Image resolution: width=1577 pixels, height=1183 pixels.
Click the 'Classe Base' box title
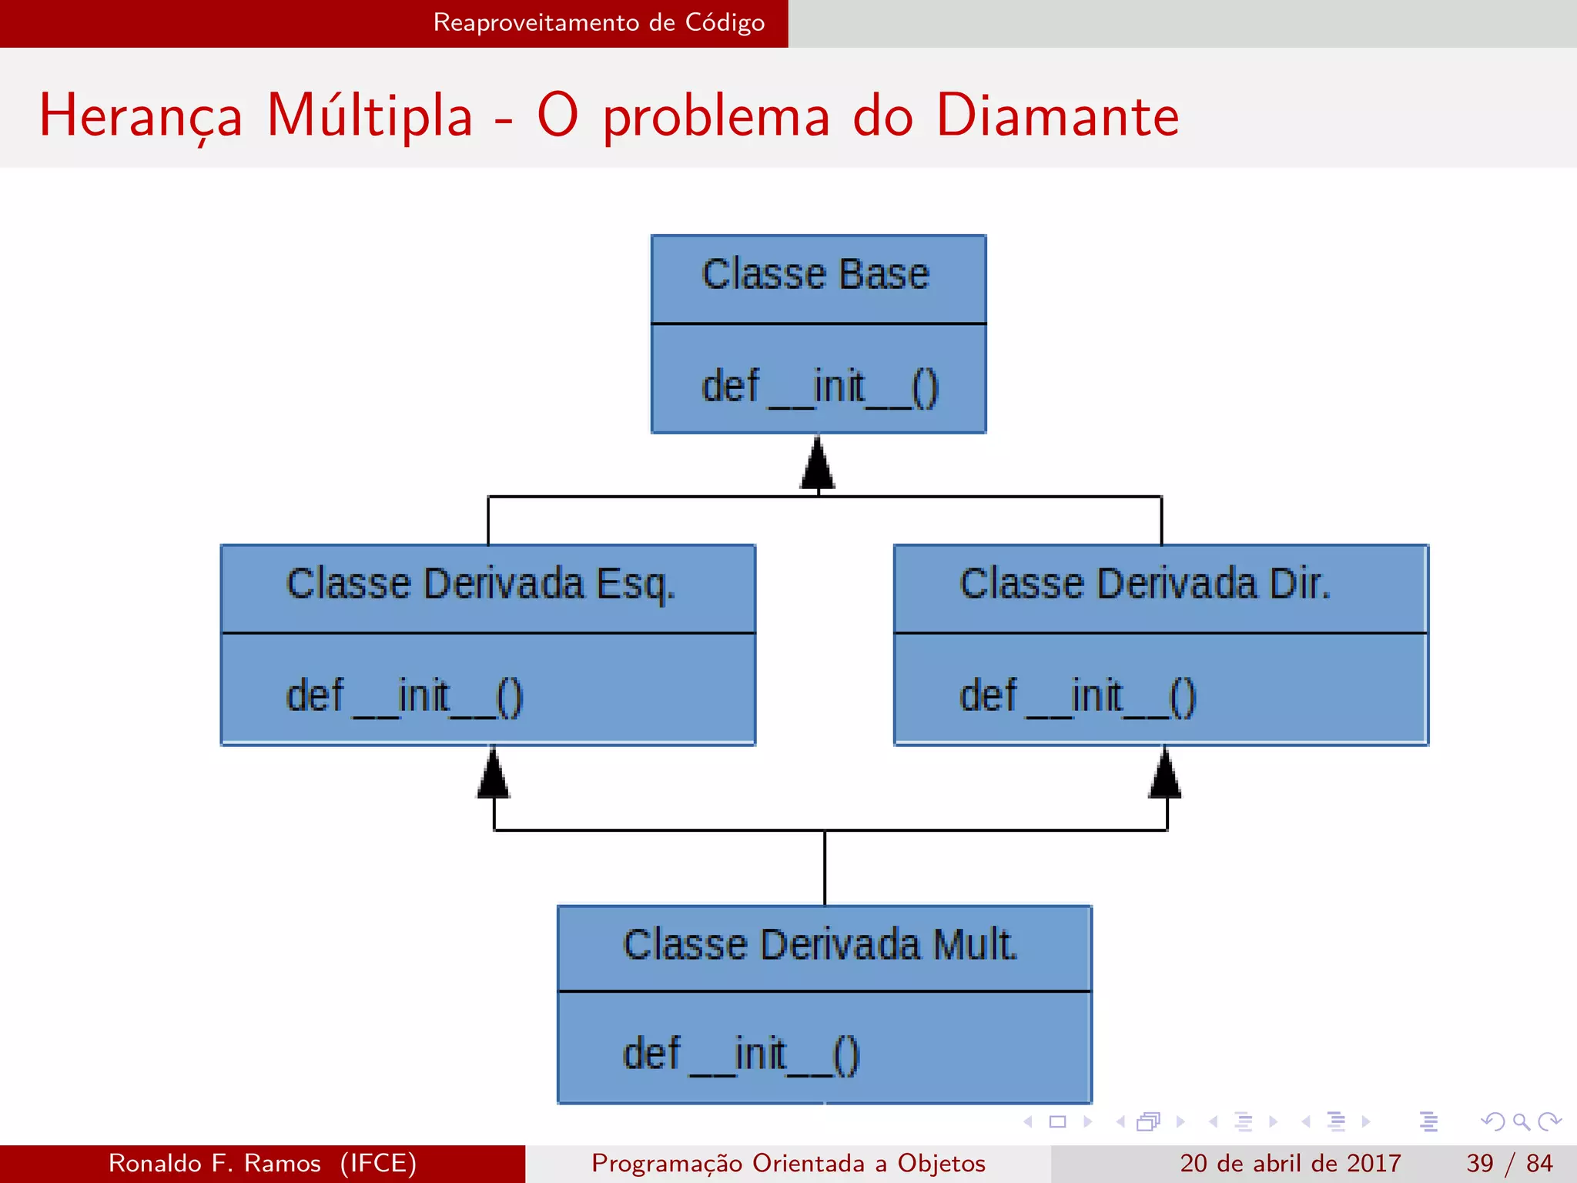pos(816,275)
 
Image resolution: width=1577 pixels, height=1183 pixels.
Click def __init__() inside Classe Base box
pos(819,387)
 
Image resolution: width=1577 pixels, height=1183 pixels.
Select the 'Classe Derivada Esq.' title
pos(480,585)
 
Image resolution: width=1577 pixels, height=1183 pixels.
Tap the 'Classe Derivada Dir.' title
pos(1145,585)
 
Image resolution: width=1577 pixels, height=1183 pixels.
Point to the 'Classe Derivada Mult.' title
pos(820,945)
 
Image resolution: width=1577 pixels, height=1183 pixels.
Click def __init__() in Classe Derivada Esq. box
pos(404,696)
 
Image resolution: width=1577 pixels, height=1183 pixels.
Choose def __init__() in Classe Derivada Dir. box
pos(1077,696)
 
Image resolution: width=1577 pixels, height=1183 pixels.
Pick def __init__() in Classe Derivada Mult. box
pos(741,1054)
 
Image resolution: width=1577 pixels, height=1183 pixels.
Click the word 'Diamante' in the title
pos(1057,116)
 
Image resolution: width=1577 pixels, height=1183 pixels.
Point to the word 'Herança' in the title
pos(141,116)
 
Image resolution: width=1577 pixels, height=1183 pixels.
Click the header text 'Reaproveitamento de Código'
pos(599,22)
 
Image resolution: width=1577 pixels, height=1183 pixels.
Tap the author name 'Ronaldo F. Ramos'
pos(214,1163)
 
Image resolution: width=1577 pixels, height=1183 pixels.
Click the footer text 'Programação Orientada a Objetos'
pos(788,1163)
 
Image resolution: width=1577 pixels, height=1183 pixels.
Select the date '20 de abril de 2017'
pos(1290,1163)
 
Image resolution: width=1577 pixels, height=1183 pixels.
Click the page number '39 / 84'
pos(1509,1163)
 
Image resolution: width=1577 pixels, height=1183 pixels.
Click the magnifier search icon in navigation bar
pos(1521,1121)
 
